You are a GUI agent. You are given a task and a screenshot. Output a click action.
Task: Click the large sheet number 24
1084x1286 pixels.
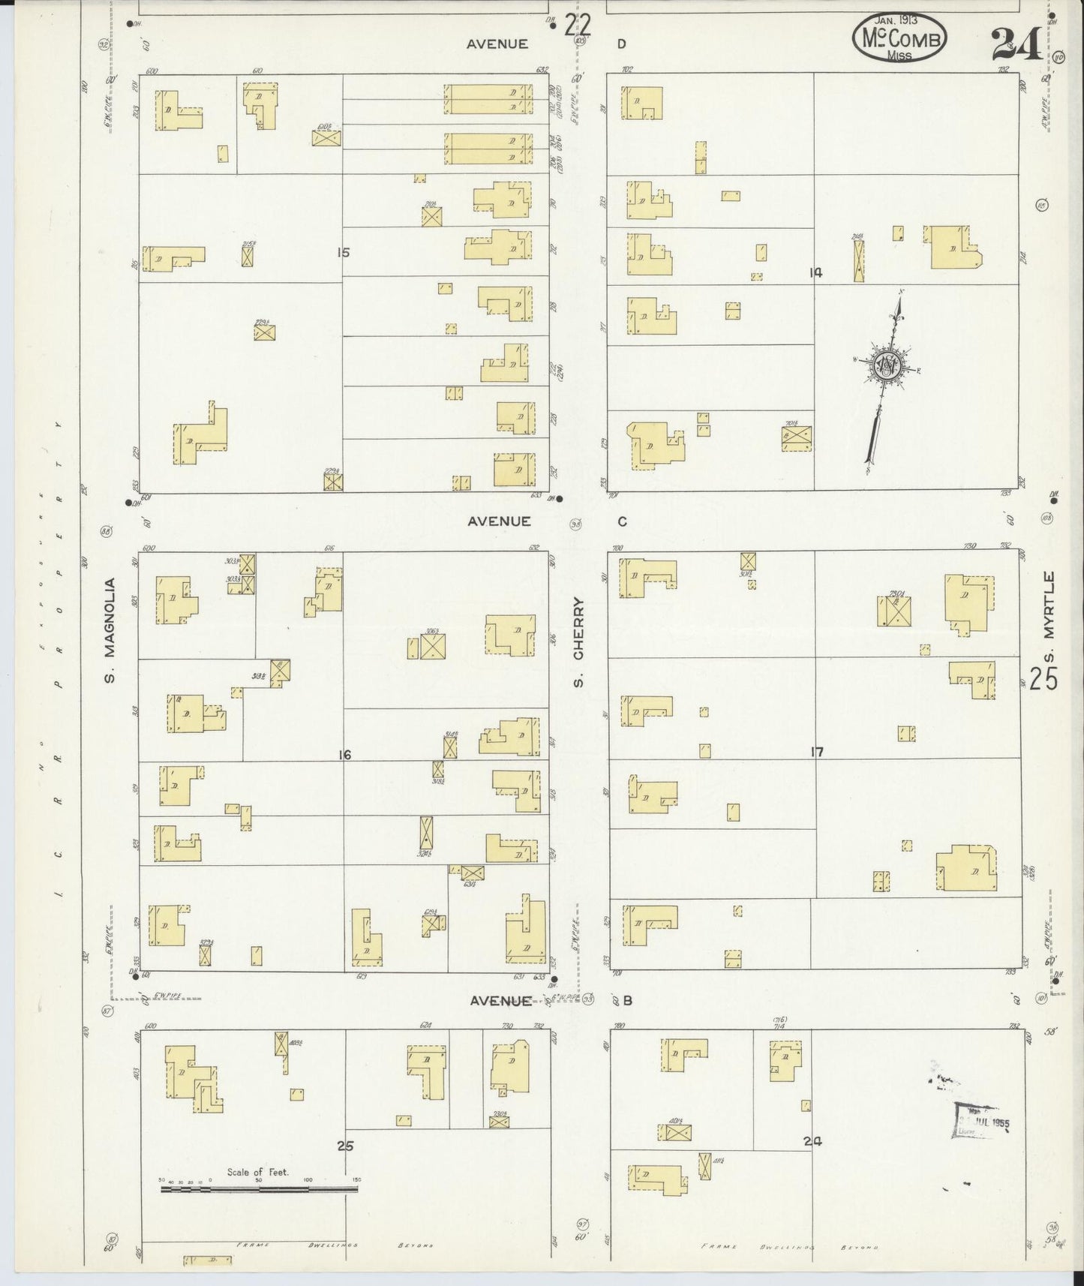pos(1016,45)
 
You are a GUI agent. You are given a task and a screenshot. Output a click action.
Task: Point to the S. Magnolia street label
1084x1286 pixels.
pos(110,630)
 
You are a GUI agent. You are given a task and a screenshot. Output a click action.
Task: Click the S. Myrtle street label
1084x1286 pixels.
pos(1049,619)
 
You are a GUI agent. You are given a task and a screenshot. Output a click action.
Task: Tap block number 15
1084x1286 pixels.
pos(343,253)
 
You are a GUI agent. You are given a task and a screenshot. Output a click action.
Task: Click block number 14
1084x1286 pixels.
pos(815,273)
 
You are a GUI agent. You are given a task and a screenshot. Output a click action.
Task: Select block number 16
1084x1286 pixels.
pos(344,755)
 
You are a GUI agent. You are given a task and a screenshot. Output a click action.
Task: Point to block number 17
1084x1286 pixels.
pos(817,751)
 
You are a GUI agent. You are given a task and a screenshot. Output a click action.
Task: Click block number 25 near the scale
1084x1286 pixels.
pos(345,1146)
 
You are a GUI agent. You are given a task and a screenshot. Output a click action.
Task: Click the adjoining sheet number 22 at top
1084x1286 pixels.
pos(578,27)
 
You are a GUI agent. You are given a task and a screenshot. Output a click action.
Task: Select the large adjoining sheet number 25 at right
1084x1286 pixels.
pos(1043,679)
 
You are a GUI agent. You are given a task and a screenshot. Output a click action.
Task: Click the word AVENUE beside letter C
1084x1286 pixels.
pos(499,521)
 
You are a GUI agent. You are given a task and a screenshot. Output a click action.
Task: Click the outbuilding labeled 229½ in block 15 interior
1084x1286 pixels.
pos(264,332)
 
